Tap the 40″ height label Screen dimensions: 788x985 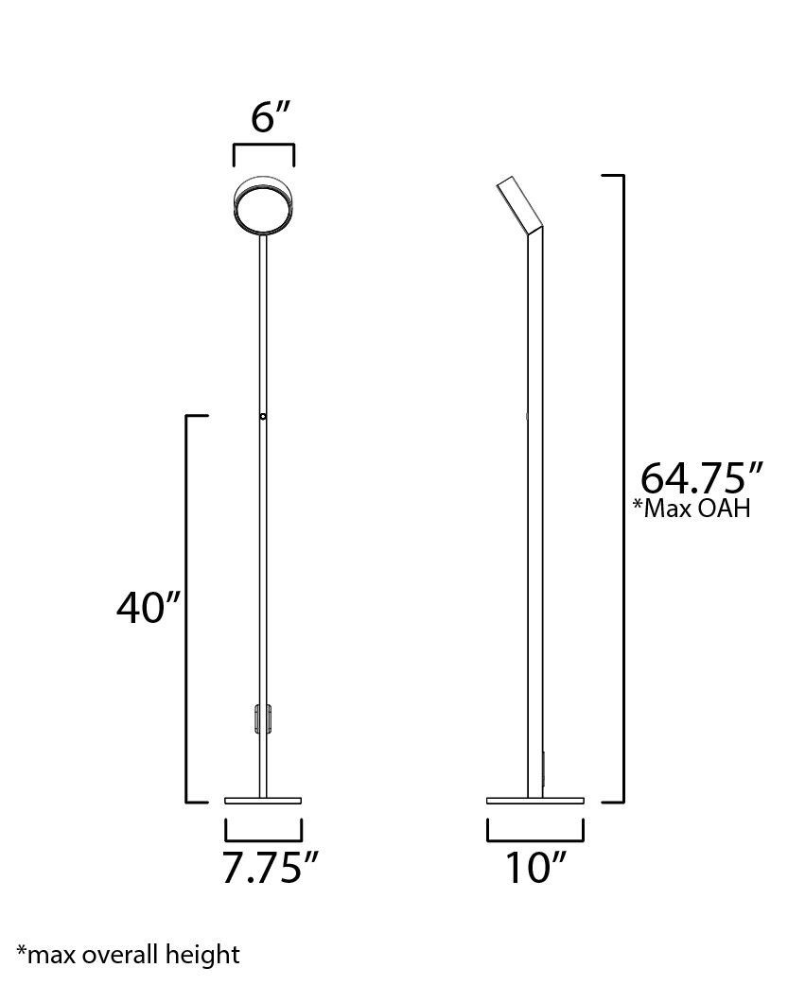[149, 608]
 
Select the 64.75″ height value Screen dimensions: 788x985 [701, 478]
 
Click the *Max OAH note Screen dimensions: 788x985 [692, 509]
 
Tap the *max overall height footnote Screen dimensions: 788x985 [128, 954]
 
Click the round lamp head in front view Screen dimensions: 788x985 [264, 205]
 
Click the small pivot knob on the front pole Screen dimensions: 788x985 [263, 417]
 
